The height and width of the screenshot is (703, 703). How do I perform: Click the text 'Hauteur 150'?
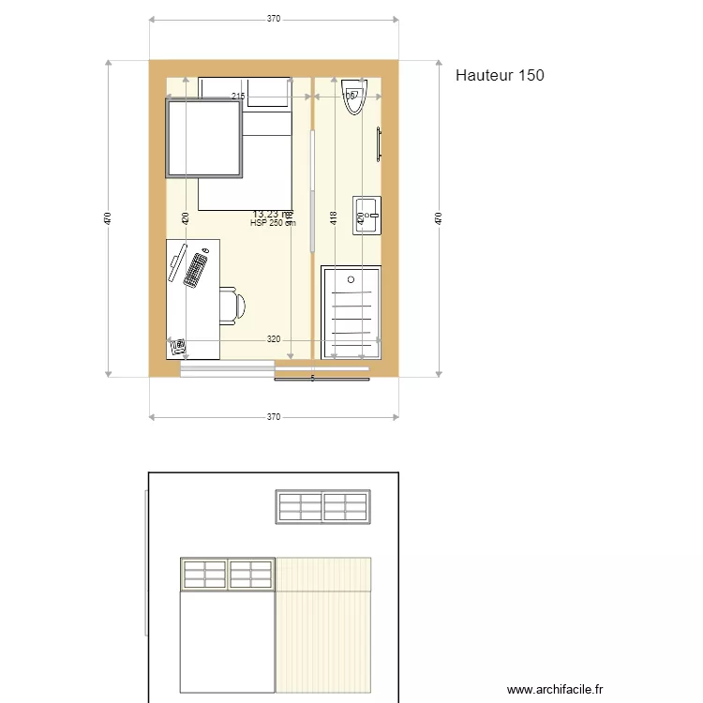pos(500,76)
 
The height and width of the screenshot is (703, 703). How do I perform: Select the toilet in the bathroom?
pos(354,97)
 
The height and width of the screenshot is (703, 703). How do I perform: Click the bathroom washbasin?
pos(366,216)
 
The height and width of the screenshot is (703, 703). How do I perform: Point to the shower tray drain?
pos(351,278)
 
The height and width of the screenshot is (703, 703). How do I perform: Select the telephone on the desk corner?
pos(178,347)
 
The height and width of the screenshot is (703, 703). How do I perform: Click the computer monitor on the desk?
pos(176,262)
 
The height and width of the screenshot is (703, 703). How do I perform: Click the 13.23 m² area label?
pos(272,214)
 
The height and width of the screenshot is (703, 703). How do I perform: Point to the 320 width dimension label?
pos(273,339)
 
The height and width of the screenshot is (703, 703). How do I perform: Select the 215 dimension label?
pos(238,97)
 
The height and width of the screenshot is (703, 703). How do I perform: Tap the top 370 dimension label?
pos(273,19)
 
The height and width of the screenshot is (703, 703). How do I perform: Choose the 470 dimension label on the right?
pos(439,218)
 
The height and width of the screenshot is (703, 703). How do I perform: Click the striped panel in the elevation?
pos(323,628)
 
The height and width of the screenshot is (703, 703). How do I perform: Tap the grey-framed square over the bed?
pos(204,139)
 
